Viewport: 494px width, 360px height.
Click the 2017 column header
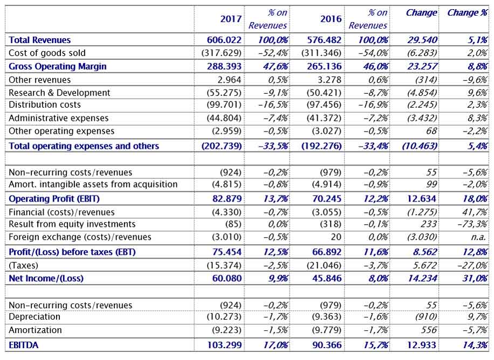click(231, 19)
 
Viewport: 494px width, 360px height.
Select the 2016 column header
click(331, 19)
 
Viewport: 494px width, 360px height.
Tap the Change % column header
click(467, 12)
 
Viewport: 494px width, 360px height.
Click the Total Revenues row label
click(40, 40)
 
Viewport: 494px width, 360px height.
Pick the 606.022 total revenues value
click(224, 40)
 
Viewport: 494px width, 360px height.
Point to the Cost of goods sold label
click(47, 53)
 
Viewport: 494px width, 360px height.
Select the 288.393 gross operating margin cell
click(224, 66)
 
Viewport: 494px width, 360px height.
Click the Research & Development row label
click(59, 93)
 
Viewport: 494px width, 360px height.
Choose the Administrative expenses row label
click(59, 118)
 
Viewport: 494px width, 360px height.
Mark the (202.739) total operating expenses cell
click(222, 146)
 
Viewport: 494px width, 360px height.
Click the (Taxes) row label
click(24, 265)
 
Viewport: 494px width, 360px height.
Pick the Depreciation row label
click(35, 317)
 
